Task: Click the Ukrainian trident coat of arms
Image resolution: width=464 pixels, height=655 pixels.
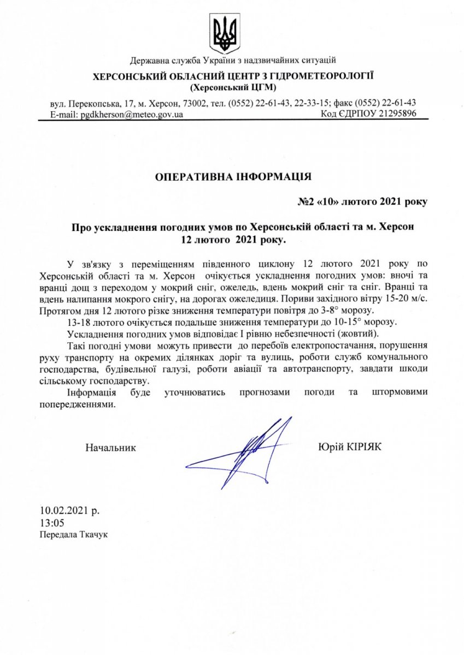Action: [x=226, y=34]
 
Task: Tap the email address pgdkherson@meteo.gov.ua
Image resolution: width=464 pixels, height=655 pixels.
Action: [x=132, y=114]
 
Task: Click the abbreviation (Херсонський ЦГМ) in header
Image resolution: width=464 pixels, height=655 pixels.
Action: [x=233, y=87]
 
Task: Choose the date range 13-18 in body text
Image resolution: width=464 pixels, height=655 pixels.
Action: [x=78, y=322]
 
